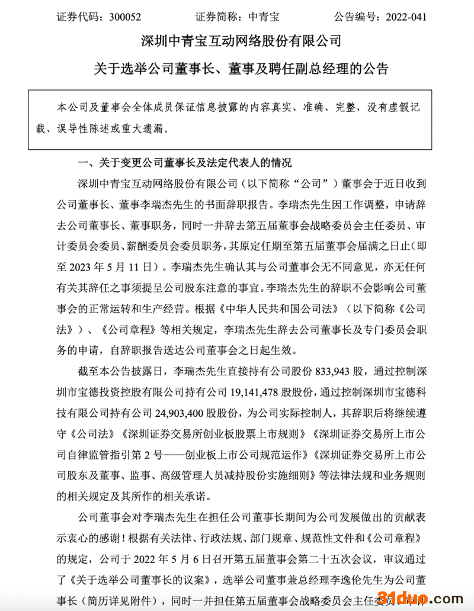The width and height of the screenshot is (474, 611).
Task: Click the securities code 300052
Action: tap(125, 17)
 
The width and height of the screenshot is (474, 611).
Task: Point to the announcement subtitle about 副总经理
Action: tap(241, 69)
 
